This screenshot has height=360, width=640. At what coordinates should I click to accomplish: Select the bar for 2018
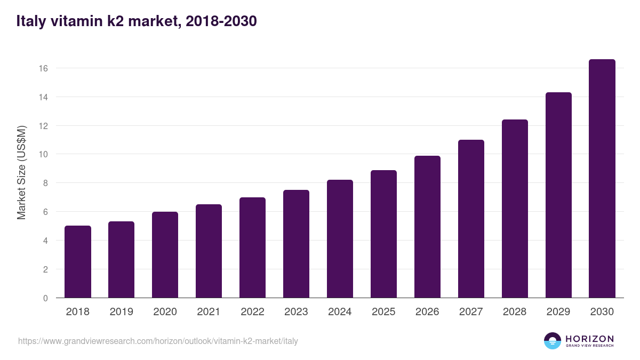coord(78,262)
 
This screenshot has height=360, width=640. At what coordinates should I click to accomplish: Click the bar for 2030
coord(602,179)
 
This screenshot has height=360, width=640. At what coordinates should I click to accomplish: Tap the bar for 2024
coord(340,239)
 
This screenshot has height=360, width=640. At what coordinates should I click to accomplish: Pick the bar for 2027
coord(471,219)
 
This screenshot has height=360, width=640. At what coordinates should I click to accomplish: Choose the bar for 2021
coord(209,251)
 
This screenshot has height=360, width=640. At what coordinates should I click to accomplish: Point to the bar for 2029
coord(558,195)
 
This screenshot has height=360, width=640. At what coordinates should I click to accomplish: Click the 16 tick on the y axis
coord(43,68)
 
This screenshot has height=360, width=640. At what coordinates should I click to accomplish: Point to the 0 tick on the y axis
coord(45,298)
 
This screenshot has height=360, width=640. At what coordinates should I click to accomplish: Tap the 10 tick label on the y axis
coord(43,154)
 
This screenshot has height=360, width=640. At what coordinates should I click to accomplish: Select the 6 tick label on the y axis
coord(45,212)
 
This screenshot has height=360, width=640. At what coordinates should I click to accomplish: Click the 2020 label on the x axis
coord(165,311)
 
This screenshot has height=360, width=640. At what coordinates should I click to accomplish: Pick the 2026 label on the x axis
coord(427,311)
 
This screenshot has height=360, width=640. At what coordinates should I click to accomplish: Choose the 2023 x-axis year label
coord(297,311)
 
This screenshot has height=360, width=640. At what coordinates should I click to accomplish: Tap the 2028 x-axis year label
coord(515,311)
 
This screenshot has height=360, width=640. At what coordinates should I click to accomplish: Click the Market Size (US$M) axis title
coord(21,173)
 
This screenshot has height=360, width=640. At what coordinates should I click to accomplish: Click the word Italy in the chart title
coord(31,21)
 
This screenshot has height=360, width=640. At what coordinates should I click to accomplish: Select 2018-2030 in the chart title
coord(221,21)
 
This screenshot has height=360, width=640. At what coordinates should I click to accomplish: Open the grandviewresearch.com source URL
coord(158,341)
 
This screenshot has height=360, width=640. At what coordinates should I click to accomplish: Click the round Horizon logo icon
coord(553,341)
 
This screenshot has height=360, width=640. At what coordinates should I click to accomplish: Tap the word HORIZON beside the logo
coord(589,339)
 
